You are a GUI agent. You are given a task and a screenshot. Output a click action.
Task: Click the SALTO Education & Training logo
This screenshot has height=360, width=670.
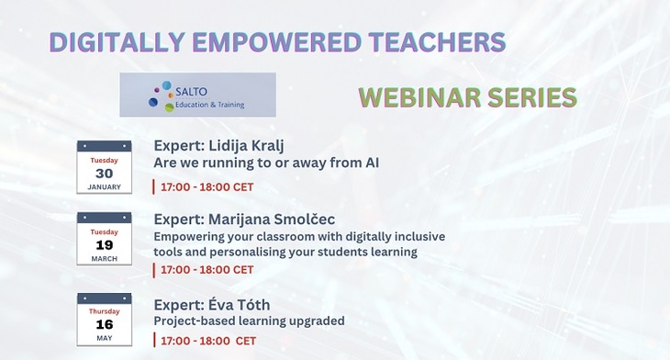197,95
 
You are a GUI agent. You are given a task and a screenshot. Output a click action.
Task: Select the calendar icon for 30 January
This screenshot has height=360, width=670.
104,166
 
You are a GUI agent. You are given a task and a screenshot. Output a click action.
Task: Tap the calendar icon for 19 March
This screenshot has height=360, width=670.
104,238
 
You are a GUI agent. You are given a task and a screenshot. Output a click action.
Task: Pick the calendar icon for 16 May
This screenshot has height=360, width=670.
104,319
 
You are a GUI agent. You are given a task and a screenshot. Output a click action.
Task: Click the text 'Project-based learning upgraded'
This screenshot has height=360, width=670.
249,321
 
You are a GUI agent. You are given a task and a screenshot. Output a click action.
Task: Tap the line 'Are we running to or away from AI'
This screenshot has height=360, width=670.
266,163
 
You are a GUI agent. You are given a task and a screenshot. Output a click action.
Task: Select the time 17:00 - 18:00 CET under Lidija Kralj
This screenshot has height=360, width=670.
207,187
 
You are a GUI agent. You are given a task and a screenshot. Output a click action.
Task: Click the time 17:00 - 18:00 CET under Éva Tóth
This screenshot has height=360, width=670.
208,341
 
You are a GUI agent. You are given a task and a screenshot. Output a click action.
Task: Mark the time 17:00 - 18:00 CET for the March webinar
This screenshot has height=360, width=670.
207,270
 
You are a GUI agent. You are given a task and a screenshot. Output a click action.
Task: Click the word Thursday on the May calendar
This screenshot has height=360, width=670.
104,310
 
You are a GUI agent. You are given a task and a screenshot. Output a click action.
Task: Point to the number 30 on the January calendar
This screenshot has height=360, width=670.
104,173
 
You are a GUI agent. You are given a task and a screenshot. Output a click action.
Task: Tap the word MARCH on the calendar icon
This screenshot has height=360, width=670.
104,258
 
